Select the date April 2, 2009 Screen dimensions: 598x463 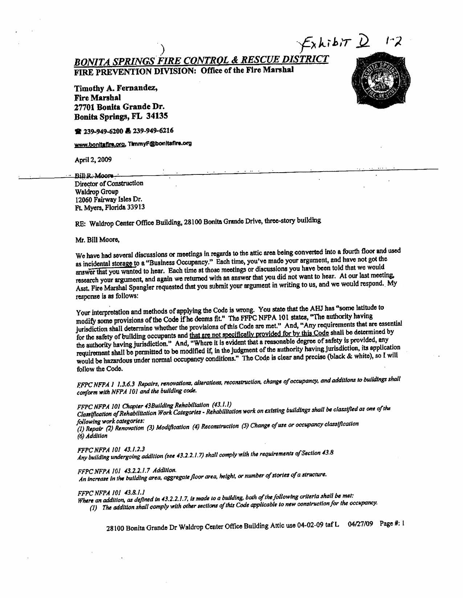tap(93, 160)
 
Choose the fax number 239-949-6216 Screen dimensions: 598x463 tap(153, 131)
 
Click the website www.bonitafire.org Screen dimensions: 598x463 tap(100, 144)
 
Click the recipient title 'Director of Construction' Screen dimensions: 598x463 tap(109, 183)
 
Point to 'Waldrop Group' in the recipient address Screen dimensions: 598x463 tap(96, 191)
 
